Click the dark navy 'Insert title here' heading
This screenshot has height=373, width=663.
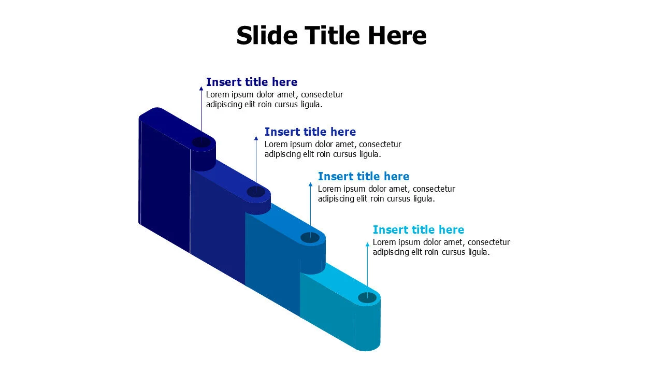(x=251, y=82)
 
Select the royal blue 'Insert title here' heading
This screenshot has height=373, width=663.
(x=310, y=132)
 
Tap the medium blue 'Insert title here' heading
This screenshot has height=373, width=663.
(x=363, y=176)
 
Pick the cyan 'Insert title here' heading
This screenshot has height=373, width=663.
(x=418, y=229)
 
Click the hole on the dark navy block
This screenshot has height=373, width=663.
(x=201, y=142)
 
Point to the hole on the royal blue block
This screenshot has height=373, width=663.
(x=256, y=192)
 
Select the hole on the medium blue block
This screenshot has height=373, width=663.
(x=310, y=237)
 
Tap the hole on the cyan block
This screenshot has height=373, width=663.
(x=367, y=297)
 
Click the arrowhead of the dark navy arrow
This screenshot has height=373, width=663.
(x=201, y=89)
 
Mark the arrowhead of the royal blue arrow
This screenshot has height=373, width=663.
(x=256, y=138)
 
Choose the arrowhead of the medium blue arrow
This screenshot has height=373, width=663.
(x=310, y=184)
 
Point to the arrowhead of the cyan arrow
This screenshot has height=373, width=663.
(x=367, y=244)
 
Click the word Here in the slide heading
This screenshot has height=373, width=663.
(x=397, y=36)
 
